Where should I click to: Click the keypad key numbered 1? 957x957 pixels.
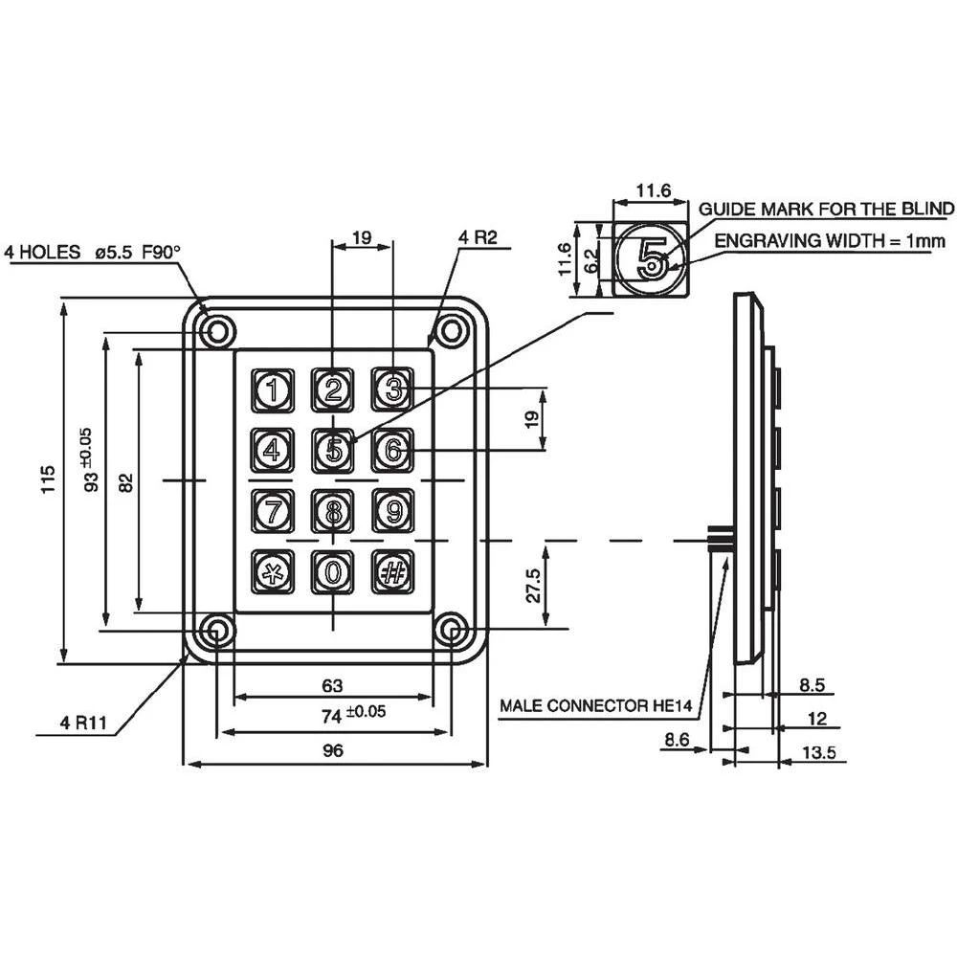pos(273,389)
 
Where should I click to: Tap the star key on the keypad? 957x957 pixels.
pos(273,571)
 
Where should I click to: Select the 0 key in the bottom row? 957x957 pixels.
pos(332,571)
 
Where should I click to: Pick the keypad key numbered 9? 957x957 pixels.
pos(391,511)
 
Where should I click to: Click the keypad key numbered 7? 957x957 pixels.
pos(273,511)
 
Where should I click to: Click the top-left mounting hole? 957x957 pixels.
pos(217,331)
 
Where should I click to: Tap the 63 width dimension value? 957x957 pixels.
pos(332,685)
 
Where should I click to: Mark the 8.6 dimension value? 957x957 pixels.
pos(677,740)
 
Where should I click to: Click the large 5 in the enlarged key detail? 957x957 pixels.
pos(651,257)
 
